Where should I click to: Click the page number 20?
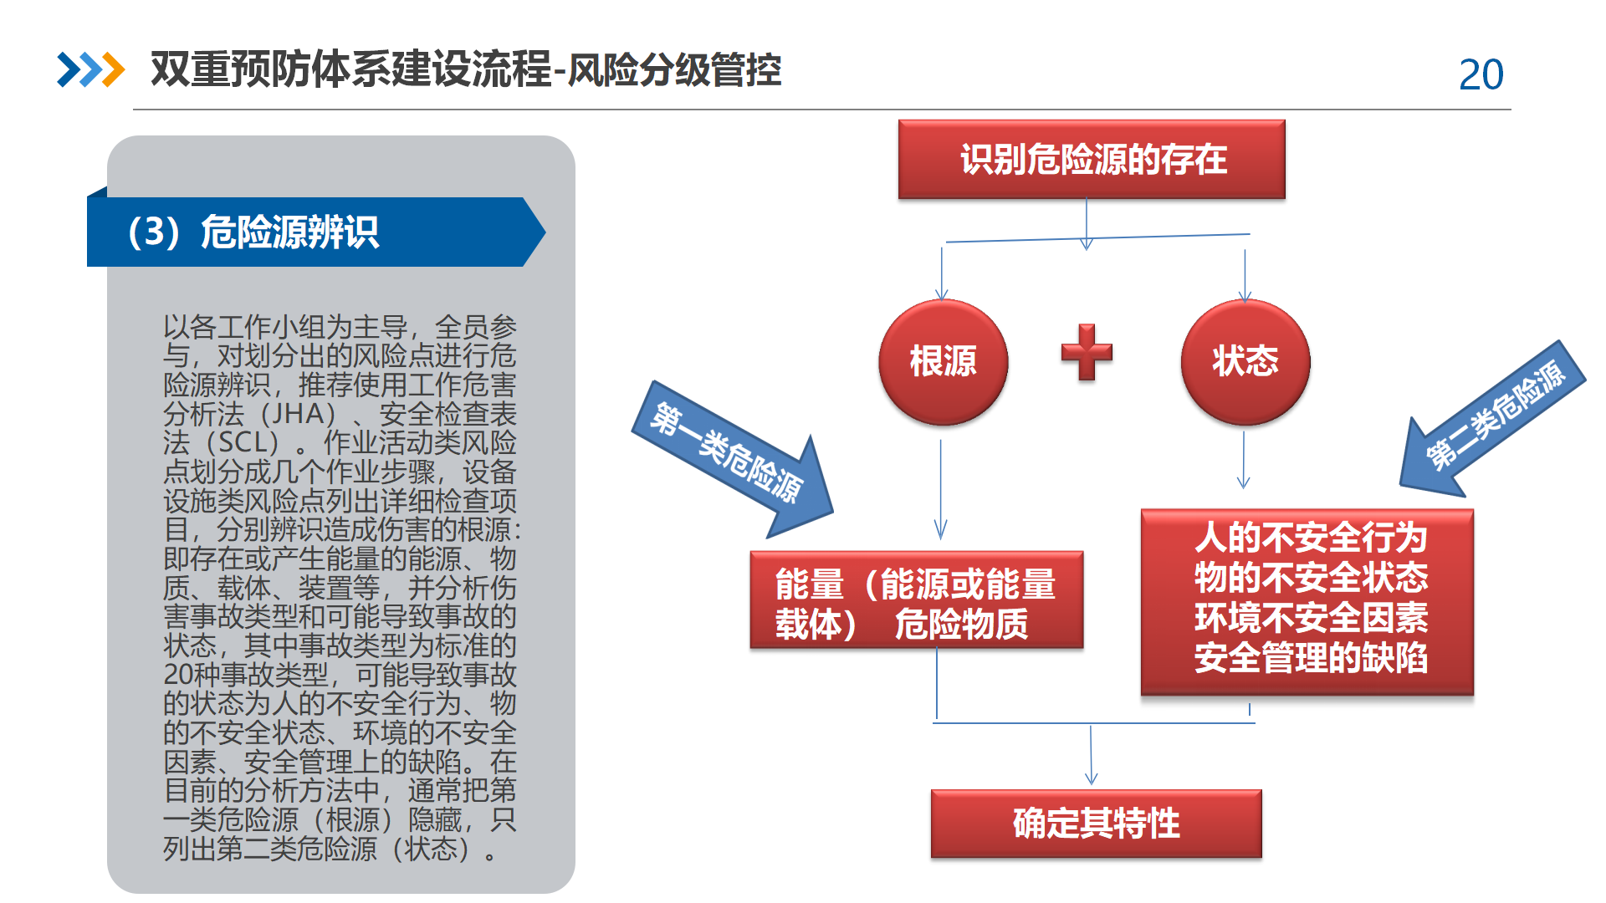(1481, 75)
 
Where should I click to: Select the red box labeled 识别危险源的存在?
(1092, 159)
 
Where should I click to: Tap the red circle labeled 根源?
(943, 361)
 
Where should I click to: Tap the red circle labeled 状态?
(1245, 361)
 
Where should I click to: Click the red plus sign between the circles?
(1087, 352)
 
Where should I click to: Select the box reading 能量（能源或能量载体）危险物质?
(917, 600)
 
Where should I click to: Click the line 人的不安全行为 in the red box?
(1310, 538)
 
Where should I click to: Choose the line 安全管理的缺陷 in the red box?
(1310, 658)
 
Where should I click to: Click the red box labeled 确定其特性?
(1096, 824)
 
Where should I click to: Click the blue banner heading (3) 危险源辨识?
(316, 232)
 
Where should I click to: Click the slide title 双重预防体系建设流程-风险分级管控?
(466, 69)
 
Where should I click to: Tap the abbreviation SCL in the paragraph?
(248, 442)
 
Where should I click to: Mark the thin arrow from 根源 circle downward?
(940, 489)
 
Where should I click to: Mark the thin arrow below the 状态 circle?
(1244, 460)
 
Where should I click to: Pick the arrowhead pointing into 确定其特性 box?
(1091, 778)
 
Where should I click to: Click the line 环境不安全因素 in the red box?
(1310, 618)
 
